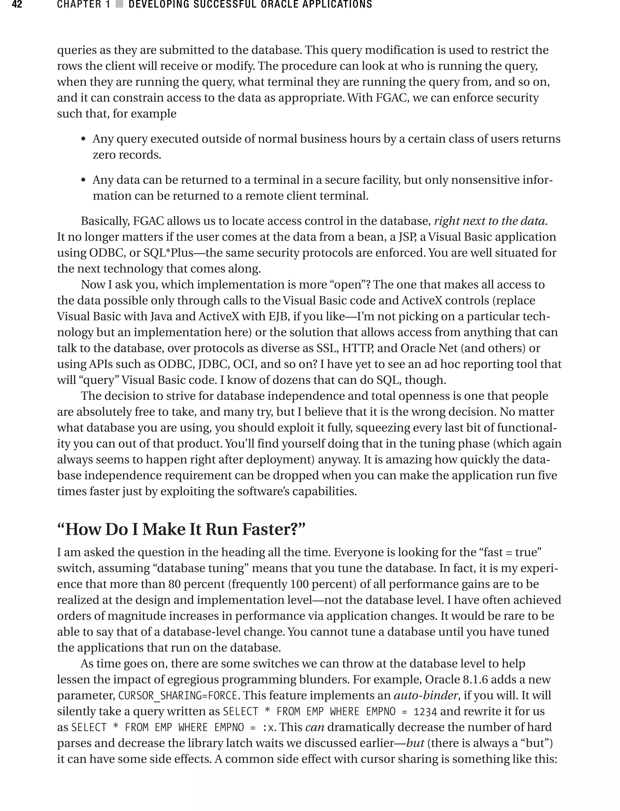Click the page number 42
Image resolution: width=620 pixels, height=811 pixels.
(x=17, y=5)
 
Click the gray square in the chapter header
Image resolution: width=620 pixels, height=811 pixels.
(x=119, y=5)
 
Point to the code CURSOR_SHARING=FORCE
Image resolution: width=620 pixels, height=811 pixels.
(x=177, y=695)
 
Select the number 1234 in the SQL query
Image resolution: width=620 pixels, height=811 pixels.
(x=425, y=711)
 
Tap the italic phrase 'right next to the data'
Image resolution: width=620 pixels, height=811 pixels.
(x=489, y=221)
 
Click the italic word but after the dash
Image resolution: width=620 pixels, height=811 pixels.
(x=415, y=743)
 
